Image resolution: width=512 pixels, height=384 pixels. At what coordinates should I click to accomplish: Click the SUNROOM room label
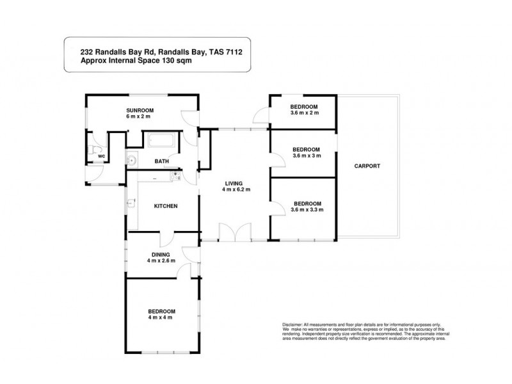click(x=139, y=109)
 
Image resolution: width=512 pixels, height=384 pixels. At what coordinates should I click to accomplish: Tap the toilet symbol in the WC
click(x=97, y=152)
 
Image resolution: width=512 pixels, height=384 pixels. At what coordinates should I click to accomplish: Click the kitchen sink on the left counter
click(x=131, y=204)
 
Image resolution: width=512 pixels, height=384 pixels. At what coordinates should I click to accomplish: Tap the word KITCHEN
click(x=165, y=206)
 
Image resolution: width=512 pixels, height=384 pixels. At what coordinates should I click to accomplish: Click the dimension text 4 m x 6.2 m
click(x=236, y=189)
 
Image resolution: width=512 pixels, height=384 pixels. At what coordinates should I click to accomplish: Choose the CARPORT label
click(x=367, y=166)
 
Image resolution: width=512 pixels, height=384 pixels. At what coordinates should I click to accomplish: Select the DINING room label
click(x=160, y=254)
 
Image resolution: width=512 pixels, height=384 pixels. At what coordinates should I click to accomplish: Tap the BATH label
click(x=161, y=161)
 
